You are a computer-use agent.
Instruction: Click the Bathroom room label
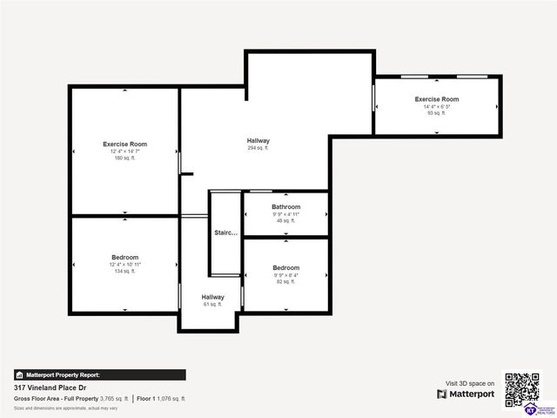285,206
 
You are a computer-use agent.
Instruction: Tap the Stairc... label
225,233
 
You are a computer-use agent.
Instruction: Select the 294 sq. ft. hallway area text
258,148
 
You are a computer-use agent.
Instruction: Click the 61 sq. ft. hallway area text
213,305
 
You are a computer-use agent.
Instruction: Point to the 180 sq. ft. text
124,158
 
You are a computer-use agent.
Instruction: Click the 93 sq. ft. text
436,113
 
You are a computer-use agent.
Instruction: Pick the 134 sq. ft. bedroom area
124,272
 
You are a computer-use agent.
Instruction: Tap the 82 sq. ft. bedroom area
285,282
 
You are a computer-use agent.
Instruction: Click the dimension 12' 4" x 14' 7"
124,152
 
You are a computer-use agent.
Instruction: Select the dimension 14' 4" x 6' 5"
436,106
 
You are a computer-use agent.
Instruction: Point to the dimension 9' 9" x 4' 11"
285,213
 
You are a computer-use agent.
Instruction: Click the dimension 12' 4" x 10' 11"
124,265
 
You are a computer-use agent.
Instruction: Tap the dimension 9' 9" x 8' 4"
285,275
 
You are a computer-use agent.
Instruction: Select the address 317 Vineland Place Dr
49,387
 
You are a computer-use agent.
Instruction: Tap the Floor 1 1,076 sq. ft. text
161,398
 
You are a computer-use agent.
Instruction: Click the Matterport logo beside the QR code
466,394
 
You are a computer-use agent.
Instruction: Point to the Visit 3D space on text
470,383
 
